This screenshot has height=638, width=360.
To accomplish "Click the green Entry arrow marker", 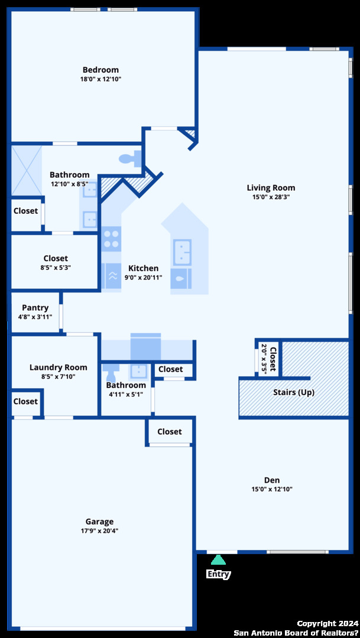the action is pyautogui.click(x=218, y=560).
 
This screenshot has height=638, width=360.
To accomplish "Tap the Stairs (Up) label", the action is pyautogui.click(x=294, y=393).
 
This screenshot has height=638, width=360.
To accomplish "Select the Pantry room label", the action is pyautogui.click(x=35, y=308).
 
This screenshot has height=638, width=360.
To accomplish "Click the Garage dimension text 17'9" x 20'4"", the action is pyautogui.click(x=99, y=530).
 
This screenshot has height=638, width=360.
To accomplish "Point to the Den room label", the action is pyautogui.click(x=272, y=480).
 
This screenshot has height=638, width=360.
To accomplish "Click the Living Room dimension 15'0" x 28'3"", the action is pyautogui.click(x=271, y=197).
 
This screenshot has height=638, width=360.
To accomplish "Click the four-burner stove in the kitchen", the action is pyautogui.click(x=111, y=239).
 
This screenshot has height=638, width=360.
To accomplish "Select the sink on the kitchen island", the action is pyautogui.click(x=182, y=252).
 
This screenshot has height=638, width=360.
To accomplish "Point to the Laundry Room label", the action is pyautogui.click(x=59, y=367).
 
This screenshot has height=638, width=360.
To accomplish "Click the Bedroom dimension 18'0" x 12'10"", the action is pyautogui.click(x=100, y=79).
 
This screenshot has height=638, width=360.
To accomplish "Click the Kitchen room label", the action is pyautogui.click(x=143, y=268).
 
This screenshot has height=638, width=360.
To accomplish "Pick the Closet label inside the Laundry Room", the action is pyautogui.click(x=25, y=401).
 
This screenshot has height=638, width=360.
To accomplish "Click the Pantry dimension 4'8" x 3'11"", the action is pyautogui.click(x=35, y=317).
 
